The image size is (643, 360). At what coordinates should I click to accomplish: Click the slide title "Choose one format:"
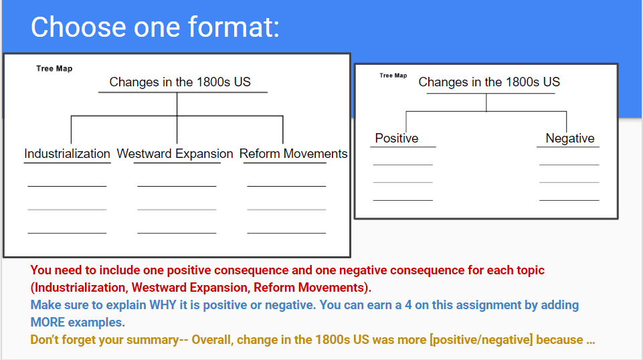pyautogui.click(x=155, y=27)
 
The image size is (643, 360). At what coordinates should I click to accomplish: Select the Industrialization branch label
pyautogui.click(x=68, y=154)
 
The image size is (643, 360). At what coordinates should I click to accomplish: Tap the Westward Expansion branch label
pyautogui.click(x=175, y=154)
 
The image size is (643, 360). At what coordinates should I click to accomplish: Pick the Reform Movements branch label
pyautogui.click(x=294, y=154)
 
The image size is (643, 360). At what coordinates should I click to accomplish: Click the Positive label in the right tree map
pyautogui.click(x=397, y=138)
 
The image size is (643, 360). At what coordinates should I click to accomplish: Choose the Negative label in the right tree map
pyautogui.click(x=570, y=138)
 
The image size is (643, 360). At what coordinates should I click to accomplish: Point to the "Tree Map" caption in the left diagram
pyautogui.click(x=54, y=68)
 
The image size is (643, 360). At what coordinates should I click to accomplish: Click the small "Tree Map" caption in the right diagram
pyautogui.click(x=393, y=76)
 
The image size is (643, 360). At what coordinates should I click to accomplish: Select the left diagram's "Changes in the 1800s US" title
pyautogui.click(x=180, y=82)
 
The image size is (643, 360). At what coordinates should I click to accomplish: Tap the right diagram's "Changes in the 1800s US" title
pyautogui.click(x=489, y=82)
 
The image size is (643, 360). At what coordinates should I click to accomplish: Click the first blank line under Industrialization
pyautogui.click(x=68, y=186)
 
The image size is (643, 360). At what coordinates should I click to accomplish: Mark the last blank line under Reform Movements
pyautogui.click(x=286, y=233)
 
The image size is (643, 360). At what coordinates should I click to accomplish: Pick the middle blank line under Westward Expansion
pyautogui.click(x=177, y=209)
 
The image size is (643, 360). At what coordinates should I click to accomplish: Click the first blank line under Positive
pyautogui.click(x=403, y=165)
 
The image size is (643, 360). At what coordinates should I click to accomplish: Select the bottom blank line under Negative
pyautogui.click(x=569, y=200)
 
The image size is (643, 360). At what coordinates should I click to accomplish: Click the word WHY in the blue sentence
pyautogui.click(x=163, y=305)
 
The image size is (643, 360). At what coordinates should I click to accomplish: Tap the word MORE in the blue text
pyautogui.click(x=48, y=323)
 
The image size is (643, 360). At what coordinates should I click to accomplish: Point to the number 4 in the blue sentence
pyautogui.click(x=408, y=305)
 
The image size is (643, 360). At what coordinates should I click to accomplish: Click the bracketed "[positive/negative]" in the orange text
pyautogui.click(x=481, y=340)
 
